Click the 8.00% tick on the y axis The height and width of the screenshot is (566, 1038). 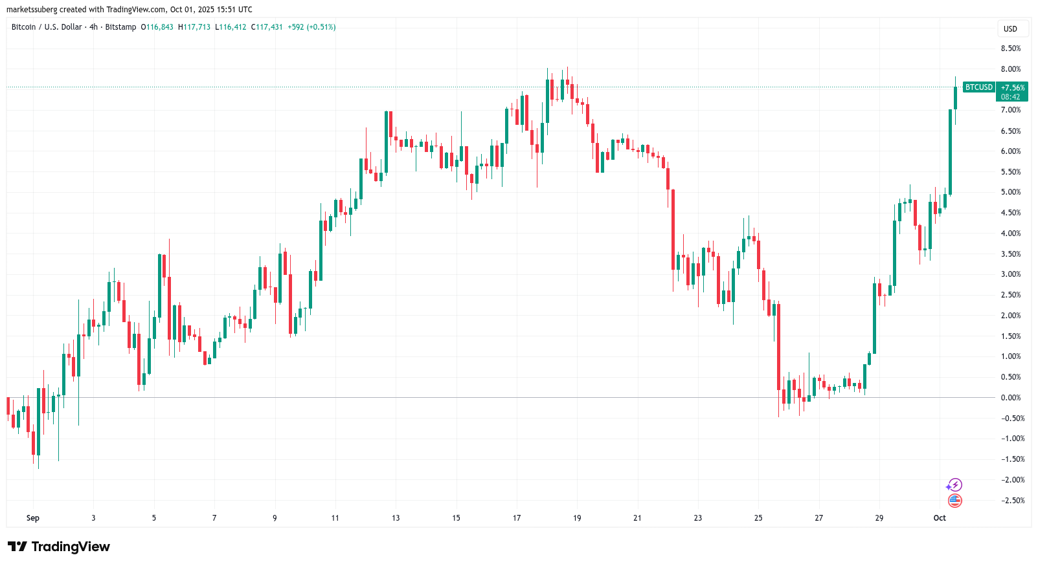[1010, 69]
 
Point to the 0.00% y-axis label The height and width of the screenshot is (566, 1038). [1010, 398]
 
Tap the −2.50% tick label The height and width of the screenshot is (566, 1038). [1012, 501]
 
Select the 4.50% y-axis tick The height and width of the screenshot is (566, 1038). [1010, 213]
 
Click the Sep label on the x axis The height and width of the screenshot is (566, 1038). [33, 518]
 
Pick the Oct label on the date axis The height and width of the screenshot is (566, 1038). [940, 518]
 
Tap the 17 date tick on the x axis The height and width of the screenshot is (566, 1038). [517, 518]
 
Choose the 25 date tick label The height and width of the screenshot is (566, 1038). [758, 518]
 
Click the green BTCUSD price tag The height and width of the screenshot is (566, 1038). [978, 87]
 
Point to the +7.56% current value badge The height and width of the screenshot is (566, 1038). [1012, 88]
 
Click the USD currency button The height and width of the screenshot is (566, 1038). [1010, 29]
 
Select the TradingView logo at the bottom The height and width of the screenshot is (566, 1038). [60, 547]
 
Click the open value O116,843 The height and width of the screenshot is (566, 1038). [157, 27]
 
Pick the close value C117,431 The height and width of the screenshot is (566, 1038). [267, 27]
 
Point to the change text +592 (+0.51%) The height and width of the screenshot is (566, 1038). [311, 27]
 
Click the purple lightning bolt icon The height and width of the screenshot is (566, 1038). [954, 484]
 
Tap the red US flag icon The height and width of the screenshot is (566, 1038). [954, 500]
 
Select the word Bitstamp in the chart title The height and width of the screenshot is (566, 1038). [120, 27]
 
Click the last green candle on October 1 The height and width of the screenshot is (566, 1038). [955, 98]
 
